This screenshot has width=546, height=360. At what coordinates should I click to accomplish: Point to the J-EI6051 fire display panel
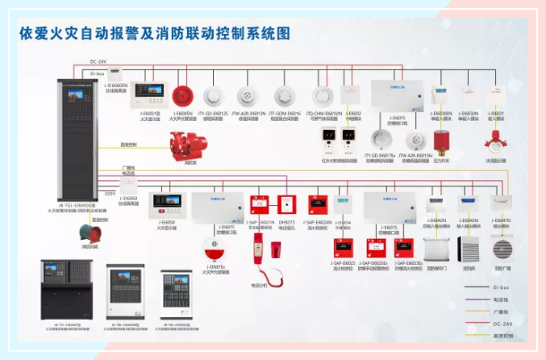[x=150, y=94]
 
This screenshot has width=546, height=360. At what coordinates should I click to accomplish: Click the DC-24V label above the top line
[x=99, y=61]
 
